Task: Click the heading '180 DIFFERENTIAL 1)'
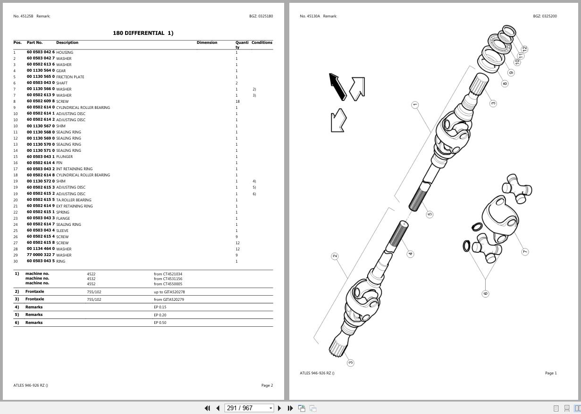pos(143,33)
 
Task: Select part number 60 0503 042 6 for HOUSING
pos(41,52)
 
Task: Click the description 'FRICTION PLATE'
pos(70,77)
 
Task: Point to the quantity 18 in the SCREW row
pos(237,101)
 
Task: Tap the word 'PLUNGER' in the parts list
pos(64,157)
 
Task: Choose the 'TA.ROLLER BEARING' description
pos(74,200)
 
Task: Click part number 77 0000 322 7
pos(41,255)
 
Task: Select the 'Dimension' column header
pos(207,42)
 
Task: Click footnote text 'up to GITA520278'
pos(169,292)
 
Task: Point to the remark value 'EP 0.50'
pos(160,323)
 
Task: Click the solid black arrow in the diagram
pos(337,86)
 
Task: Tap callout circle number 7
pos(525,252)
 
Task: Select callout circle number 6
pos(485,294)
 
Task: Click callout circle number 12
pos(524,49)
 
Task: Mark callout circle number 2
pos(335,256)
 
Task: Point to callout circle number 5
pos(429,214)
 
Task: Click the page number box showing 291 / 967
pos(249,408)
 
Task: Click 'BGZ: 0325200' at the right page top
pos(545,16)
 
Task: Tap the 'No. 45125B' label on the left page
pos(23,16)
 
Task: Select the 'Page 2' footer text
pos(267,385)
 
